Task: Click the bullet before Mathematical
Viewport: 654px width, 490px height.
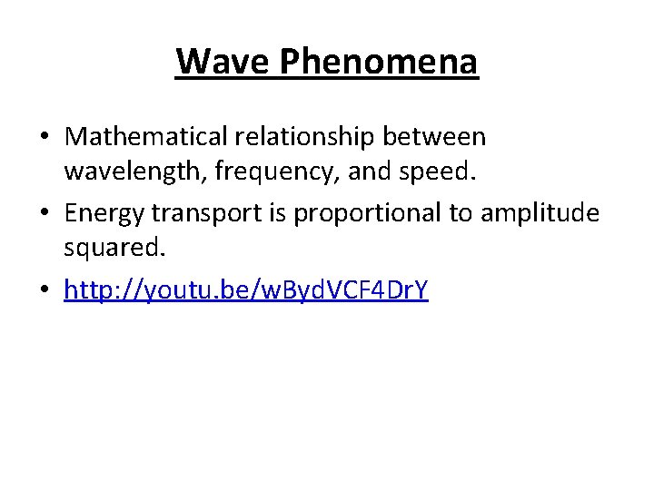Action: (45, 138)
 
